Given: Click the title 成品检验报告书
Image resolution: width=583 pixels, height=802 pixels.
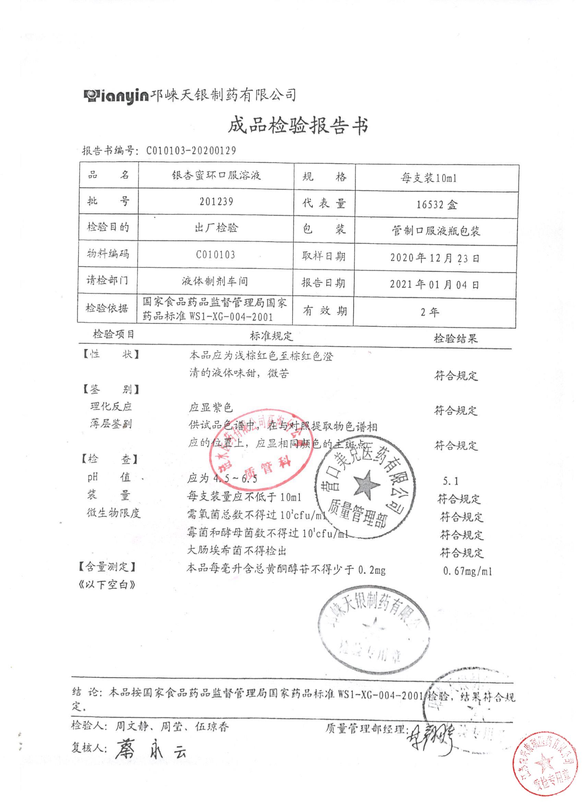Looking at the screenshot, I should [298, 126].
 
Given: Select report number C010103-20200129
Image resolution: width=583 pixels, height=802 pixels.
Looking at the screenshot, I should [191, 151].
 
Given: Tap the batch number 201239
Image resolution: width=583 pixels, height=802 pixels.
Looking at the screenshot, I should [216, 202].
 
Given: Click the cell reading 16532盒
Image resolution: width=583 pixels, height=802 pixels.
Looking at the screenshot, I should [437, 204].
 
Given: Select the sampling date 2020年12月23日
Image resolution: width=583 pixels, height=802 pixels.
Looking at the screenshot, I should [435, 258].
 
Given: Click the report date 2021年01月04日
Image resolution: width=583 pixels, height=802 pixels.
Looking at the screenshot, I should [435, 284].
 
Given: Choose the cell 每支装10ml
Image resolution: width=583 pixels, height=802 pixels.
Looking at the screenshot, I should [428, 178].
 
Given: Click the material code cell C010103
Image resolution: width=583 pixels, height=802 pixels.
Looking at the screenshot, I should [216, 255].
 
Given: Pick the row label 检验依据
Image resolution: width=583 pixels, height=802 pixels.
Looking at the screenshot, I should [107, 308].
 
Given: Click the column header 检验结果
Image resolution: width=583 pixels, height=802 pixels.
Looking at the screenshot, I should [456, 339].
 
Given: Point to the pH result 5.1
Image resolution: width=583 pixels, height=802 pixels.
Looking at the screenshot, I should [450, 481].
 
